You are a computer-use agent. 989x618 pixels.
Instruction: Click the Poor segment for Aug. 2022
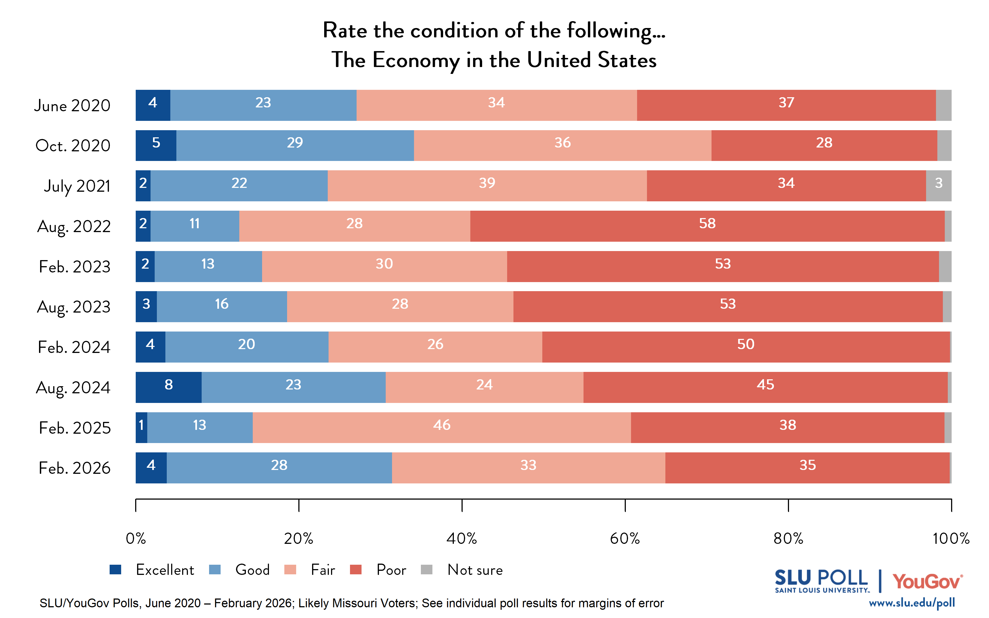coord(707,226)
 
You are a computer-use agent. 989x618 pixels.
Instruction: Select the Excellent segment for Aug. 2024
coord(168,387)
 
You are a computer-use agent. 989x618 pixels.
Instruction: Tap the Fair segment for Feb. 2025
coord(441,428)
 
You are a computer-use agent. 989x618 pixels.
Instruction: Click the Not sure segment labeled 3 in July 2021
coord(938,186)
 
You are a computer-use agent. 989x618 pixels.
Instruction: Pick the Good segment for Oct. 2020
coord(295,146)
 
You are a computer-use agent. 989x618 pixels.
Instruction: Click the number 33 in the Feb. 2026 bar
coord(528,465)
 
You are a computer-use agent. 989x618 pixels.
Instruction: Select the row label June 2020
coord(72,105)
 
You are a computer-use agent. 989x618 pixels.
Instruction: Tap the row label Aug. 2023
coord(74,307)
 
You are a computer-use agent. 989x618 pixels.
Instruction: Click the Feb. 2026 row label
coord(74,468)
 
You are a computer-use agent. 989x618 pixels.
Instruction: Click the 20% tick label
coord(298,539)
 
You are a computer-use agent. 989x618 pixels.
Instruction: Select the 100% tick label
coord(951,539)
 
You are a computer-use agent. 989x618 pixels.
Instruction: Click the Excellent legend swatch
coord(116,569)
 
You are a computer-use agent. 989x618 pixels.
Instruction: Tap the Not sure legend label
coord(475,570)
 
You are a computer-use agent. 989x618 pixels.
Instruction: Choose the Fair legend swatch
coord(290,569)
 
